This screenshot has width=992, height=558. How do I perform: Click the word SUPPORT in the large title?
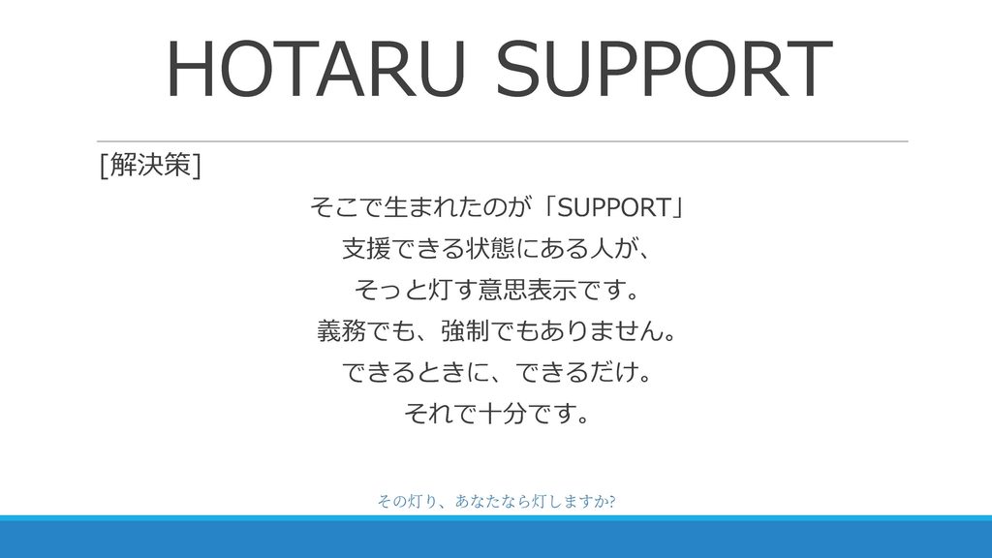[x=664, y=69]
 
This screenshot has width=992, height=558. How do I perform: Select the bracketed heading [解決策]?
[x=150, y=165]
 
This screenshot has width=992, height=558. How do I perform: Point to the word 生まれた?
[x=419, y=207]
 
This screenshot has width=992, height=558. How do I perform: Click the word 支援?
[x=366, y=249]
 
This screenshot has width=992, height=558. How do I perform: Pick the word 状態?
[x=490, y=249]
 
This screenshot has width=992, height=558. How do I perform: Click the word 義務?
[x=341, y=331]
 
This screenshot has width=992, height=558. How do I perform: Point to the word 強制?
[x=465, y=331]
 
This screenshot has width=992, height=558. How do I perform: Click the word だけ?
[x=612, y=372]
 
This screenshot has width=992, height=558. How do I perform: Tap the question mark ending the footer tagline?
[x=611, y=502]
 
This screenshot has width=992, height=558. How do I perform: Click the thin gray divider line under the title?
[x=503, y=141]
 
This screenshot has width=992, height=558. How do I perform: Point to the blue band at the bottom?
[x=496, y=537]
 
